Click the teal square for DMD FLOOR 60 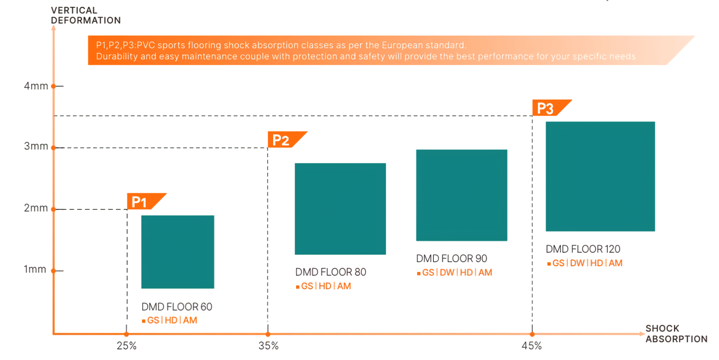177,252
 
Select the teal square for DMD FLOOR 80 340,209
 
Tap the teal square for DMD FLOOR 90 461,195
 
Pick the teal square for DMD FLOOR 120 600,176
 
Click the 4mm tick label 36,86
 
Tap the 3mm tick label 36,147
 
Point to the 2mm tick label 36,208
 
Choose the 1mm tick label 35,270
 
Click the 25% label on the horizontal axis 126,346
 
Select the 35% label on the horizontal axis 268,346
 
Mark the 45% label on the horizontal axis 531,346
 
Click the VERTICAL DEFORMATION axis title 86,16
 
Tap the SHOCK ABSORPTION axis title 676,334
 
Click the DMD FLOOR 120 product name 583,249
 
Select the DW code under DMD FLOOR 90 447,272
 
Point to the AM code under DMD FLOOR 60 190,320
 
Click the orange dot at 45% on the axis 532,334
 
